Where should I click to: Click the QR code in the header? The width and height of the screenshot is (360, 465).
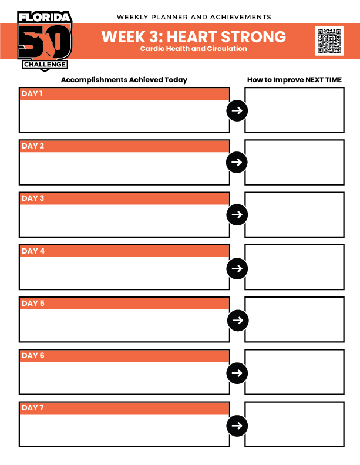329,41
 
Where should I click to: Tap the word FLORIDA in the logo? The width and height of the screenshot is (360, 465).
45,17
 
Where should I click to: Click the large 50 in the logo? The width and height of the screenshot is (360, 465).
45,41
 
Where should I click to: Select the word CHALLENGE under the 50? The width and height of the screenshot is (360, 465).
45,64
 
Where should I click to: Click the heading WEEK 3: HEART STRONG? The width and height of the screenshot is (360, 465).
194,36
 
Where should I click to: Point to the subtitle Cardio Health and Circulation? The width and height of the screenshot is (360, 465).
194,49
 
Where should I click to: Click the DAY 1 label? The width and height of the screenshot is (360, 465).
32,94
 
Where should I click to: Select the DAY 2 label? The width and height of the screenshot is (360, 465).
33,146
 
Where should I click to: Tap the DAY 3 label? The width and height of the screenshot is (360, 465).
33,198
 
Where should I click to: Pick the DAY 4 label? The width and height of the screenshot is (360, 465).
33,251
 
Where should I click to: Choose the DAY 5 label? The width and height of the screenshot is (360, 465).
33,304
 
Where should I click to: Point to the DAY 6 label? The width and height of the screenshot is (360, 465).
33,356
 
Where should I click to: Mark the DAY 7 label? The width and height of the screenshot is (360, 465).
33,408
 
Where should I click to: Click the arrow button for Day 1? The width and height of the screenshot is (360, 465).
237,110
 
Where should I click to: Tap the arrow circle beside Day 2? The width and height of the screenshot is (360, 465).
237,162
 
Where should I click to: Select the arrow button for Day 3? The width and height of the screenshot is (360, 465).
237,214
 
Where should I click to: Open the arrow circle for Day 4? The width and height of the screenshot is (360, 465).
237,268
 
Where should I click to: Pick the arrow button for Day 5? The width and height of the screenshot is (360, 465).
238,320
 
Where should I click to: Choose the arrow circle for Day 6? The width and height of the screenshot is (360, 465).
237,373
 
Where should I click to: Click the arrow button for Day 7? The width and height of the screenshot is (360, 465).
237,426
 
